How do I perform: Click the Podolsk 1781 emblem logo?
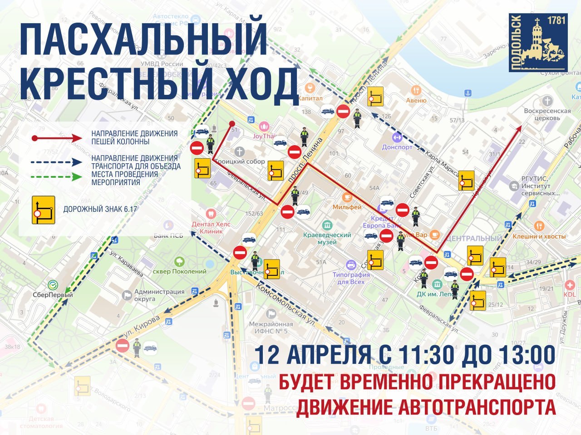click(x=538, y=42)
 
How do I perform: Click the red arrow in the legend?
click(x=57, y=138)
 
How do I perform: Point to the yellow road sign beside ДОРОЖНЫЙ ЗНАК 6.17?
click(x=43, y=210)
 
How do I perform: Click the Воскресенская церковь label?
click(x=547, y=114)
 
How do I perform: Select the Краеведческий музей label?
click(x=327, y=238)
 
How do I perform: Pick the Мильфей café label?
click(x=347, y=207)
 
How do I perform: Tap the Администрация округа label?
click(x=159, y=295)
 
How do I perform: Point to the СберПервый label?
click(x=53, y=295)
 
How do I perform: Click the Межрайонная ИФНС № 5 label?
click(x=271, y=327)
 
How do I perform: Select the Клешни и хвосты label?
click(x=539, y=236)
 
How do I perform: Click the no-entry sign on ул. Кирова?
click(x=123, y=346)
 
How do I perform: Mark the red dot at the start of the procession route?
click(x=232, y=123)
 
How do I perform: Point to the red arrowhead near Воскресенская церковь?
click(x=518, y=130)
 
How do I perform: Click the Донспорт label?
click(x=397, y=147)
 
